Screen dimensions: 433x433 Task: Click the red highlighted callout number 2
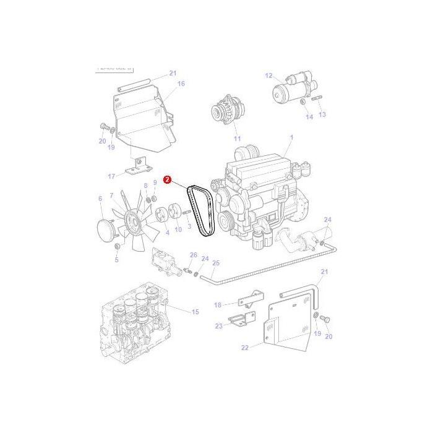[166, 179]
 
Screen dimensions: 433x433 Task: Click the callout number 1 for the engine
[291, 137]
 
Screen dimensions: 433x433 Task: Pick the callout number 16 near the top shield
[181, 84]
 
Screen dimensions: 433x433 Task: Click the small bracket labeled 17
[138, 168]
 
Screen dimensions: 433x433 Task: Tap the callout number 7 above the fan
[111, 196]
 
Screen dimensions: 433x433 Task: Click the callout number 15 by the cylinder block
[195, 312]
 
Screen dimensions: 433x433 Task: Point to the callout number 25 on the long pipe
[215, 263]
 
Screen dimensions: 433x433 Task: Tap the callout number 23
[218, 326]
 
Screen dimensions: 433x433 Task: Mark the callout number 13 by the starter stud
[322, 115]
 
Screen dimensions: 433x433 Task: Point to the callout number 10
[178, 229]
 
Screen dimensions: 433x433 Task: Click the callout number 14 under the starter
[309, 116]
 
